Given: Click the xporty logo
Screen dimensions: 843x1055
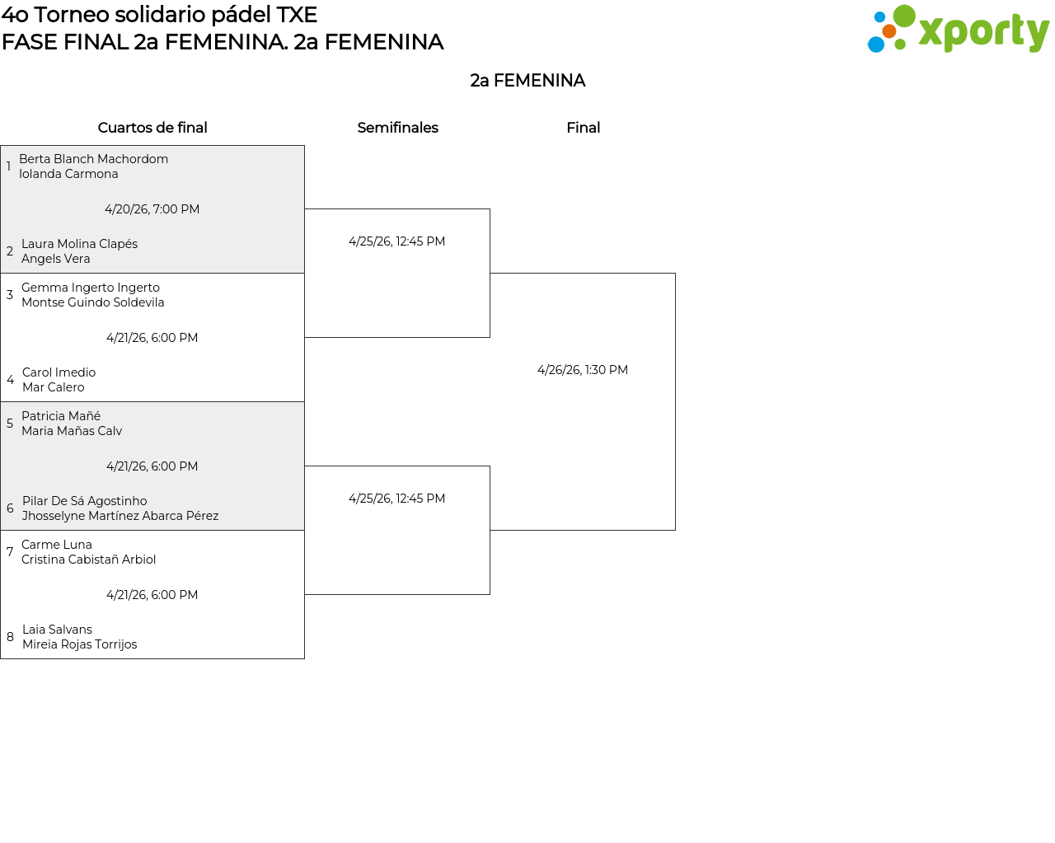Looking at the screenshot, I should (958, 30).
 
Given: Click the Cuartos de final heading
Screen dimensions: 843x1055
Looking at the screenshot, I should (152, 128).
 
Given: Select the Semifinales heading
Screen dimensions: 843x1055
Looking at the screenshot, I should (397, 128).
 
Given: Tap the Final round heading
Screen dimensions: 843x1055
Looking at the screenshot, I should (583, 128).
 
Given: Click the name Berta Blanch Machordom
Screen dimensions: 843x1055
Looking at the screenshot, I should (93, 159).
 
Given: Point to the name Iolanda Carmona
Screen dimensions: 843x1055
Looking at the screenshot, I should (68, 174).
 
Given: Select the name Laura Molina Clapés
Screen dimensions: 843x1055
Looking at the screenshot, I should (79, 244).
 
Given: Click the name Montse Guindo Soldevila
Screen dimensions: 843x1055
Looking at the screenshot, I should (92, 302).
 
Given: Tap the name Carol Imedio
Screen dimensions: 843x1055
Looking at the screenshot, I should (59, 372).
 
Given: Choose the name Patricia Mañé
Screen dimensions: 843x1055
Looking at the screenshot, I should (61, 416).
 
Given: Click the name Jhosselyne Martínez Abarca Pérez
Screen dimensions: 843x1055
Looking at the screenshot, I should (120, 516).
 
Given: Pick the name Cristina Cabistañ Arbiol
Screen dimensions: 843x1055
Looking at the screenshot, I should (88, 560).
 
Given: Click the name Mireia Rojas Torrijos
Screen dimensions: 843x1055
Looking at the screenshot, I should (79, 644).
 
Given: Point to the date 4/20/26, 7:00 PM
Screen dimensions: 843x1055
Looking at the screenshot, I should (152, 209).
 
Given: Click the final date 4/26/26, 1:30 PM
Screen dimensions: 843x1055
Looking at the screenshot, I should (583, 370).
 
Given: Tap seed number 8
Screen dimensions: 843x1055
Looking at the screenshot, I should (10, 637).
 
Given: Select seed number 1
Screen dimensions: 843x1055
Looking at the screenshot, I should (8, 166).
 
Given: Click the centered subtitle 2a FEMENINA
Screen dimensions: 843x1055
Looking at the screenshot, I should (527, 81).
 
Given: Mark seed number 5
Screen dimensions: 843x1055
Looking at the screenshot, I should (10, 424).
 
